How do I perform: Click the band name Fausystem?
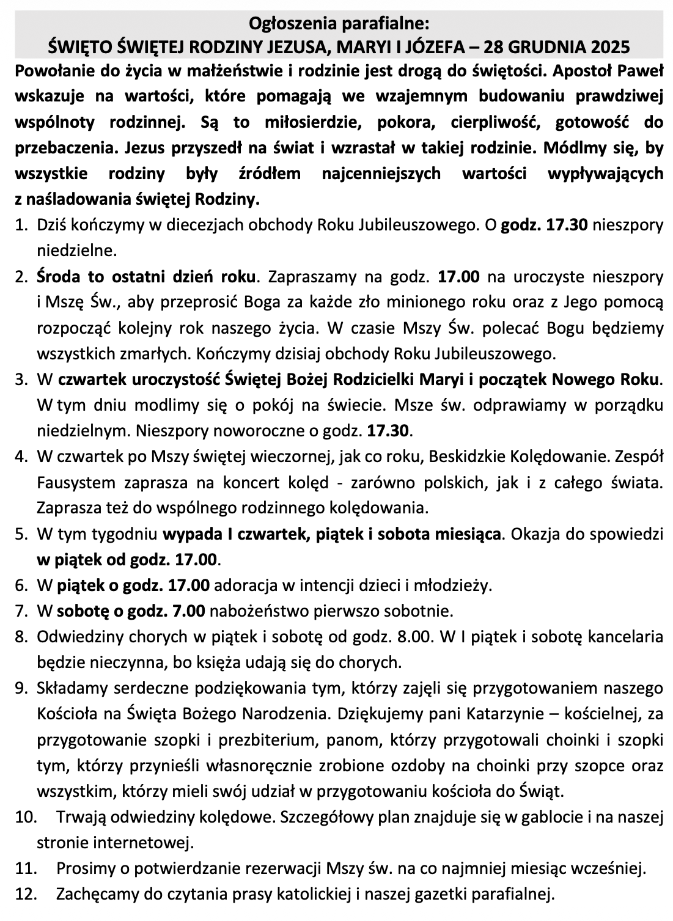(x=76, y=482)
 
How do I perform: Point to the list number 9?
(x=22, y=688)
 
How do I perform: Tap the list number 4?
(x=22, y=457)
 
